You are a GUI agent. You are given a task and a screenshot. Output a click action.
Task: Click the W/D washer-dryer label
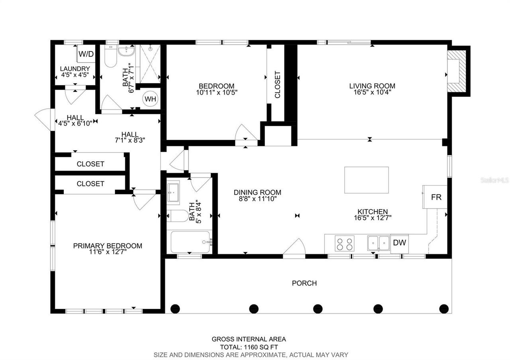[86, 54]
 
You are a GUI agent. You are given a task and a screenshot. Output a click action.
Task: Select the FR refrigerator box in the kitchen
[436, 197]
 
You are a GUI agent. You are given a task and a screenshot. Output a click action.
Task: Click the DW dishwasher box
[399, 243]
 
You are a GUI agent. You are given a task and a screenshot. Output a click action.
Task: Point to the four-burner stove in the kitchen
[344, 243]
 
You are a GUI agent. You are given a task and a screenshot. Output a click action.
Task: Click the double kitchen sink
[379, 243]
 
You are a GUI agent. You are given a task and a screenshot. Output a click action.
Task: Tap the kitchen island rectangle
[366, 180]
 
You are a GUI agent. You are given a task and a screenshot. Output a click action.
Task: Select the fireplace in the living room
[457, 71]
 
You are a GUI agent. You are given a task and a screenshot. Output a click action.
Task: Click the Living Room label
[372, 86]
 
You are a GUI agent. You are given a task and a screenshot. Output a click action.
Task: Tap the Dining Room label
[257, 192]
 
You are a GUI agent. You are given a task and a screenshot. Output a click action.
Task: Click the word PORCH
[304, 283]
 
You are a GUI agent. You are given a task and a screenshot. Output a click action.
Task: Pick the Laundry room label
[75, 68]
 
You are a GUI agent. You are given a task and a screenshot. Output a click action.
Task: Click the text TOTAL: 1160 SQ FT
[249, 347]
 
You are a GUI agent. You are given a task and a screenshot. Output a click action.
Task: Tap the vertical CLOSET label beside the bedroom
[278, 84]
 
